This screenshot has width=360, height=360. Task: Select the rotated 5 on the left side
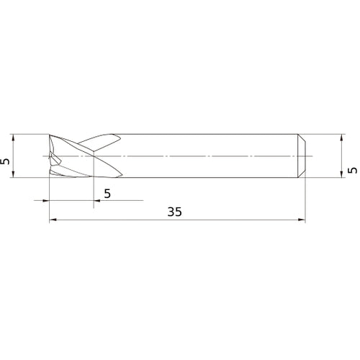coord(6,163)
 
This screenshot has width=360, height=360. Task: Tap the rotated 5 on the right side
coord(352,171)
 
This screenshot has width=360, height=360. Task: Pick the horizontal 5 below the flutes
coord(107,193)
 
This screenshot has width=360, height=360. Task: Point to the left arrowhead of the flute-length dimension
coord(45,199)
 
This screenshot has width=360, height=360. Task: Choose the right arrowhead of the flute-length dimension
coord(97,199)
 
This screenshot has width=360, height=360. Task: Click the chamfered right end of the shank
coord(302,155)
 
